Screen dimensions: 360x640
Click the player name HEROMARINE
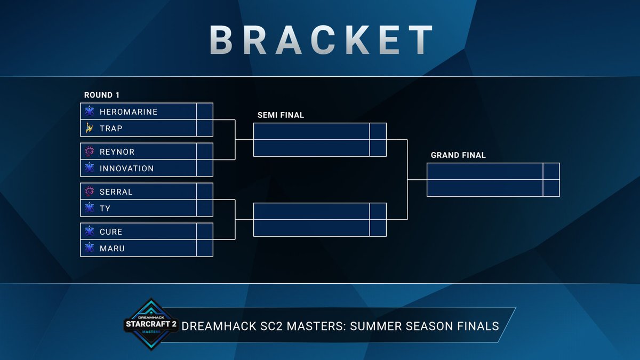pos(129,111)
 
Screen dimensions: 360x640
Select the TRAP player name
pos(111,129)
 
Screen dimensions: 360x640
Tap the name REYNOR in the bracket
pos(117,151)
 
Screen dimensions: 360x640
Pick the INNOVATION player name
pos(126,169)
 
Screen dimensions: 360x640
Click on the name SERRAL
pos(116,191)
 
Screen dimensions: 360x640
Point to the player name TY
pos(105,209)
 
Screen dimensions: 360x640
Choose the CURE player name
pos(111,231)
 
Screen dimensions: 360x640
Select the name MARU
pos(112,249)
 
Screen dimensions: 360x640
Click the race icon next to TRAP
pos(90,129)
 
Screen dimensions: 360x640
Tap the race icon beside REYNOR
pos(90,151)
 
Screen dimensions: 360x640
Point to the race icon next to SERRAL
pos(90,191)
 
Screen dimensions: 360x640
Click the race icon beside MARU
pos(90,249)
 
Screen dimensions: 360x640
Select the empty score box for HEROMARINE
pos(205,111)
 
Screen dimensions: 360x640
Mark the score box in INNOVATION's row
pos(205,169)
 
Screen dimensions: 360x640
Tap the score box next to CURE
pos(205,231)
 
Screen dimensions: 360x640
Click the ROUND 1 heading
pos(102,95)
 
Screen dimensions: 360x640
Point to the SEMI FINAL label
pos(281,115)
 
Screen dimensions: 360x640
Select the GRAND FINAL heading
pos(458,155)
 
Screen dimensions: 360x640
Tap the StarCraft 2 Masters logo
pos(150,324)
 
